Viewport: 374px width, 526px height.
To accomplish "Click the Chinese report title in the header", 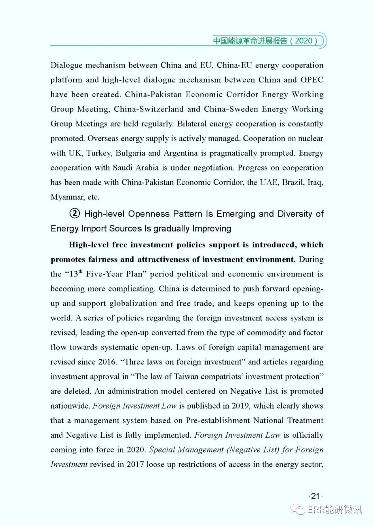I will click(265, 41).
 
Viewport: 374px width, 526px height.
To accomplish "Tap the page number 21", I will click(315, 496).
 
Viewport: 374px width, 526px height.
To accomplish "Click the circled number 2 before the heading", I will click(74, 213).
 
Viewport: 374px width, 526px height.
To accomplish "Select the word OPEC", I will click(312, 80).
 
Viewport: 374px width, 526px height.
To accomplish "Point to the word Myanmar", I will click(67, 197).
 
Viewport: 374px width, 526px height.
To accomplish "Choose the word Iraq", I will click(315, 182).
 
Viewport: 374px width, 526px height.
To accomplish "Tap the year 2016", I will click(107, 362).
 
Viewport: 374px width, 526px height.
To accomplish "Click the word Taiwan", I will click(186, 377).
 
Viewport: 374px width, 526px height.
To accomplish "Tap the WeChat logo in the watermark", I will click(298, 509).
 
